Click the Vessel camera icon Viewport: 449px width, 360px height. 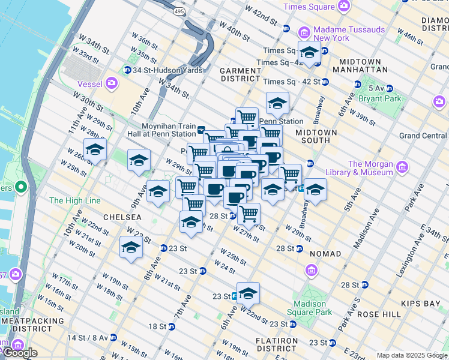[112, 83]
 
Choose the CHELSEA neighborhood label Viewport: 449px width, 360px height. [122, 217]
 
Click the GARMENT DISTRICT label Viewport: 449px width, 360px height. [240, 74]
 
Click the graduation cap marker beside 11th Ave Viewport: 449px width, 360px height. [95, 150]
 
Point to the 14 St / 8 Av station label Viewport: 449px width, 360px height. [89, 338]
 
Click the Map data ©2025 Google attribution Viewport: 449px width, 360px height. [412, 355]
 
